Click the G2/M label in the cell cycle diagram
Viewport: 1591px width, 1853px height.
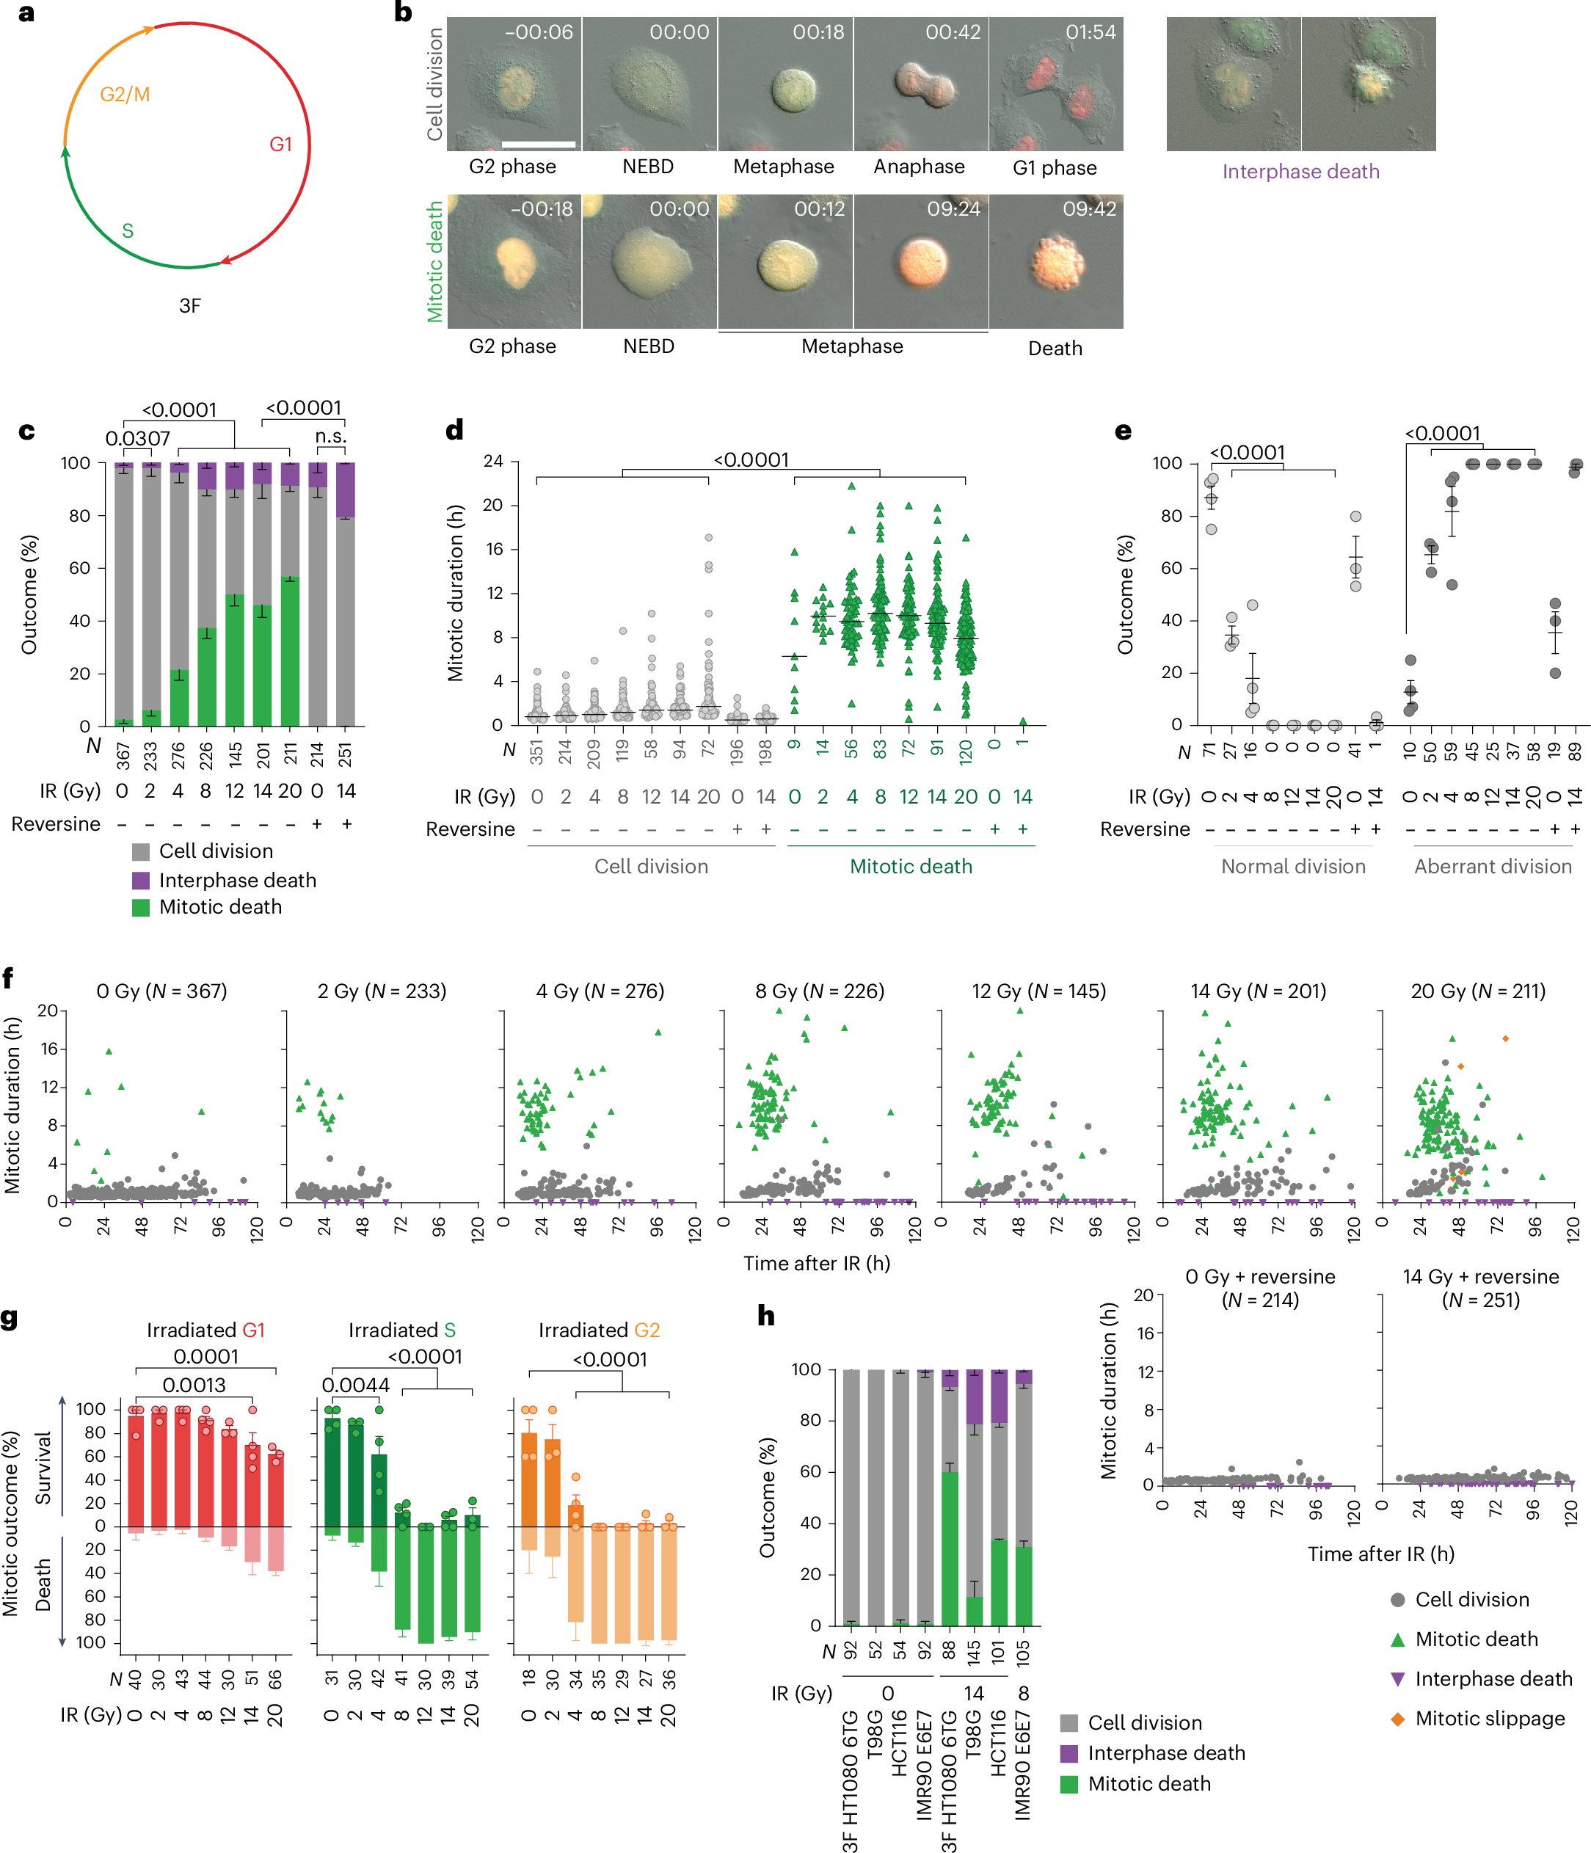tap(124, 94)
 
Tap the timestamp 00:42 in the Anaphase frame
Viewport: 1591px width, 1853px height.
tap(953, 33)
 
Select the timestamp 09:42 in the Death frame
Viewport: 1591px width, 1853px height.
tap(1088, 209)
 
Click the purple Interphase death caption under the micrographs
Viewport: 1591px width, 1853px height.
tap(1300, 172)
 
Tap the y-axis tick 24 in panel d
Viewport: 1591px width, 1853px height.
tap(492, 462)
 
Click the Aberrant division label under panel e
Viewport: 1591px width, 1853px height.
tap(1492, 867)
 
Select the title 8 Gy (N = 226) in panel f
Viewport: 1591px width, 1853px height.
tap(819, 991)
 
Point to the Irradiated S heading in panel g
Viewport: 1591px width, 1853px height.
tap(401, 1330)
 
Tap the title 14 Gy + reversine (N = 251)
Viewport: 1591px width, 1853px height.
tap(1480, 1288)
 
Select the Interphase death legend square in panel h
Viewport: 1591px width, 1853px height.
tap(1068, 1753)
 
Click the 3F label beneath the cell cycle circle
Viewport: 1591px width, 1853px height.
tap(189, 306)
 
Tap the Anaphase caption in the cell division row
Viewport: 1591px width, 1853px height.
tap(919, 167)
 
